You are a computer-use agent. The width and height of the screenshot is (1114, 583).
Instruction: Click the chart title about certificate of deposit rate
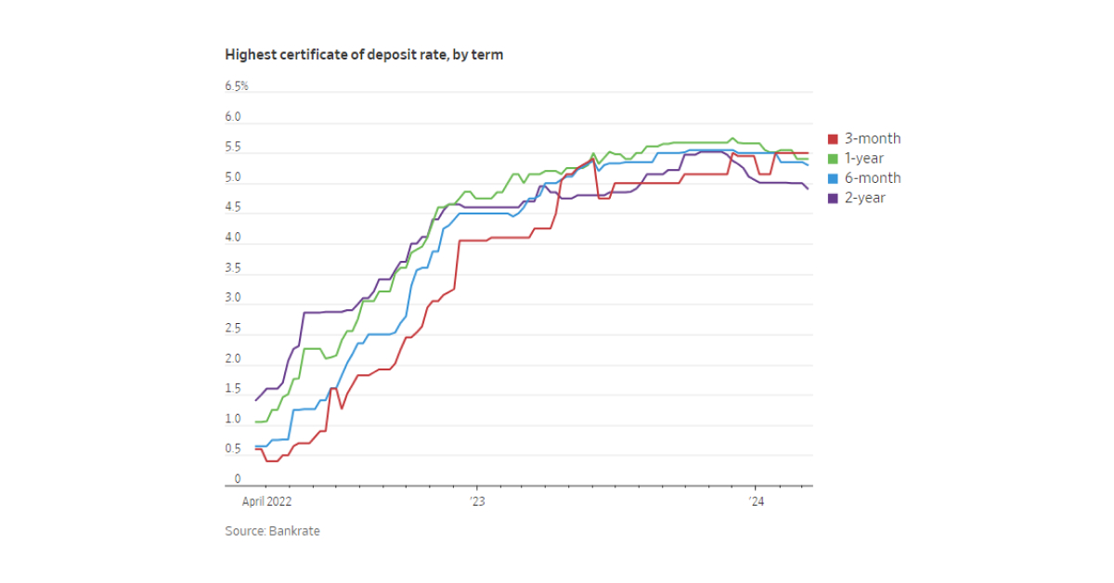point(364,55)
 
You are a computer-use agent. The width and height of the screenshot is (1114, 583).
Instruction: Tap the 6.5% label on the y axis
point(236,86)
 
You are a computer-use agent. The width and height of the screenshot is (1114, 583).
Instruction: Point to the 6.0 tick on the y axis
point(232,117)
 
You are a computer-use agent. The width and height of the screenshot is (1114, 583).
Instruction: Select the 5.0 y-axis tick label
point(232,177)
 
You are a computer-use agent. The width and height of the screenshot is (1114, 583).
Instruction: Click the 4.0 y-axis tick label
point(232,238)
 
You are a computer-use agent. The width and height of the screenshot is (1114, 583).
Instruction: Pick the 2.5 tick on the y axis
point(232,329)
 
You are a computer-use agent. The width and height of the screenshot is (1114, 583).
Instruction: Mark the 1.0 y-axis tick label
point(232,419)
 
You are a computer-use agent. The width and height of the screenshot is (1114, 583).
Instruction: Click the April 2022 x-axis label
point(266,501)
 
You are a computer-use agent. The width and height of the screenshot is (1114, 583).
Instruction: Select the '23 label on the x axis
point(476,501)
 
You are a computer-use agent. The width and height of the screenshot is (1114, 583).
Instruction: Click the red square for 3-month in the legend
point(833,139)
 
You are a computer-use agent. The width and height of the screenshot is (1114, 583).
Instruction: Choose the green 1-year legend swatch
point(833,159)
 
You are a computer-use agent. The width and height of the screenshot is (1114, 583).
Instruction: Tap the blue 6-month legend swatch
point(833,178)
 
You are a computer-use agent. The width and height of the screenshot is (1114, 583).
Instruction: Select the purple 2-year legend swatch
point(833,198)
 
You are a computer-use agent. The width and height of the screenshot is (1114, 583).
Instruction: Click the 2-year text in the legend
point(865,198)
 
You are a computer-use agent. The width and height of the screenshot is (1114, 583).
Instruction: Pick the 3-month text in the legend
point(873,139)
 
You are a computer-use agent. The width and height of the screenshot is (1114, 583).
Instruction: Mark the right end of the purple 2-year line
point(808,189)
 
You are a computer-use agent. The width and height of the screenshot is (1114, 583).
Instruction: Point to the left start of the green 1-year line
point(255,422)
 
